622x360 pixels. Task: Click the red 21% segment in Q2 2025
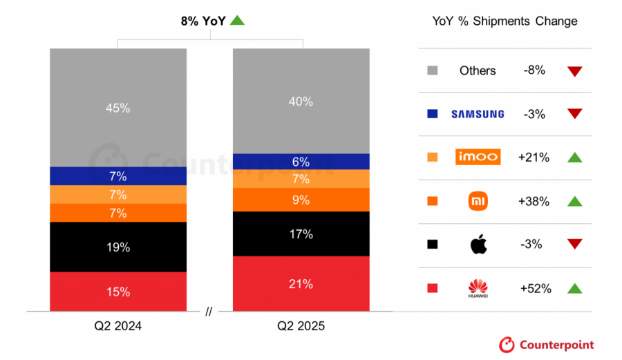point(301,284)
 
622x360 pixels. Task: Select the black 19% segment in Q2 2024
point(118,247)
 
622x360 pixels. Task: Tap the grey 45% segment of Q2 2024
point(118,108)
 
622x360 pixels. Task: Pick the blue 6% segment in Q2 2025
point(301,162)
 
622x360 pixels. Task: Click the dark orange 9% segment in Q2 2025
point(301,200)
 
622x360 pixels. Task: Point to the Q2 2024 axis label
point(118,325)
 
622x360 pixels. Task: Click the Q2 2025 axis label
point(301,325)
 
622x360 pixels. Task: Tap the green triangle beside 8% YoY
point(237,21)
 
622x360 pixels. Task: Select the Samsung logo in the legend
point(478,114)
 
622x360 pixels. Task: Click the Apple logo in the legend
point(478,244)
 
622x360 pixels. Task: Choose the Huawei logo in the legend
point(478,288)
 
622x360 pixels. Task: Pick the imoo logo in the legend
point(478,157)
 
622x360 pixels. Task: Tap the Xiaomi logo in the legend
point(478,201)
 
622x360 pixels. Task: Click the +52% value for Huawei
point(536,289)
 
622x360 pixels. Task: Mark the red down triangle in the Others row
point(574,71)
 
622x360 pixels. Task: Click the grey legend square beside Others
point(433,70)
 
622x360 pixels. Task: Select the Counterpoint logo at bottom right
point(547,345)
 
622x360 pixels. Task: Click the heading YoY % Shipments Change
point(505,21)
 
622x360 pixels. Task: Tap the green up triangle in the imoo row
point(574,158)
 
